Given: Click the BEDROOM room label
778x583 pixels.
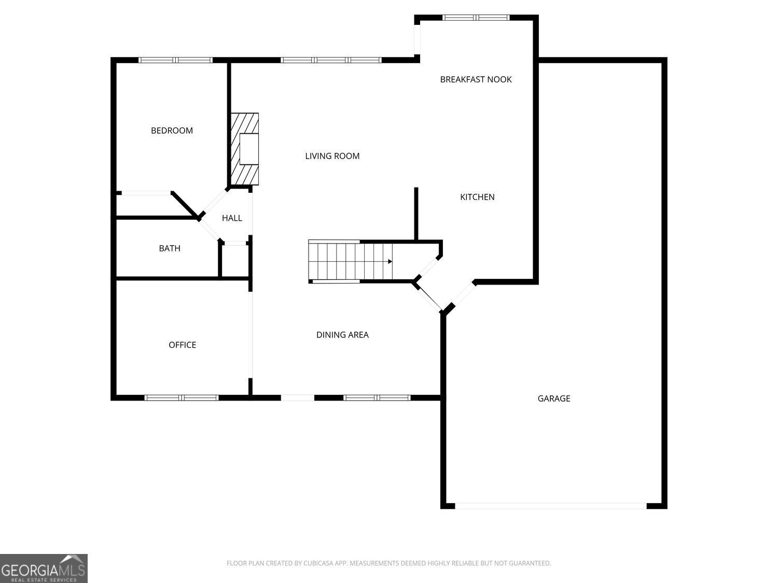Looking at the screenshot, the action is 172,131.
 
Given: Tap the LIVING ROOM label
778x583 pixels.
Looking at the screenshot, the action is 332,156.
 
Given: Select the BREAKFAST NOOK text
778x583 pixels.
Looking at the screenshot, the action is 476,80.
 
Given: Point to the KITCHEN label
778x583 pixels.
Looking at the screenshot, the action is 477,197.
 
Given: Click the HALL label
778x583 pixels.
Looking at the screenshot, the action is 232,218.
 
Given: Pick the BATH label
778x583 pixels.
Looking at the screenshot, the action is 170,249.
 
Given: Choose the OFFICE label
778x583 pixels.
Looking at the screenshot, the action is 182,345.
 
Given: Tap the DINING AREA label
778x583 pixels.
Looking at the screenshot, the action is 342,335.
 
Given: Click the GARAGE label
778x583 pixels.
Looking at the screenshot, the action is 553,399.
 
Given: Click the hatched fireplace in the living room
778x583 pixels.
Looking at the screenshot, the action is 245,149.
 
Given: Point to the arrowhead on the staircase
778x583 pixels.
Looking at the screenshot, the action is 390,262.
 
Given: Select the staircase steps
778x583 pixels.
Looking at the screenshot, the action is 350,262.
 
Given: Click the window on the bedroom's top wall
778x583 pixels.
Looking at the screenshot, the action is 175,60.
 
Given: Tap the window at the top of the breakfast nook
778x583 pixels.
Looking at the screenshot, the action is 476,18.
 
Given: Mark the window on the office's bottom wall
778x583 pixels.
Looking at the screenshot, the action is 182,398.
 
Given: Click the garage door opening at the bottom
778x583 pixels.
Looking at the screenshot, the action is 551,506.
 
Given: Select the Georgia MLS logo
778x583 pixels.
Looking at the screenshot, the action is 44,568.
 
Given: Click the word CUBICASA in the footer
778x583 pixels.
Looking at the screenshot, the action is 316,563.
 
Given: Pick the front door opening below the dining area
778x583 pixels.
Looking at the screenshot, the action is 298,398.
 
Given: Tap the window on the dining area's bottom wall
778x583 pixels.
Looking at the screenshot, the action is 377,398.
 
